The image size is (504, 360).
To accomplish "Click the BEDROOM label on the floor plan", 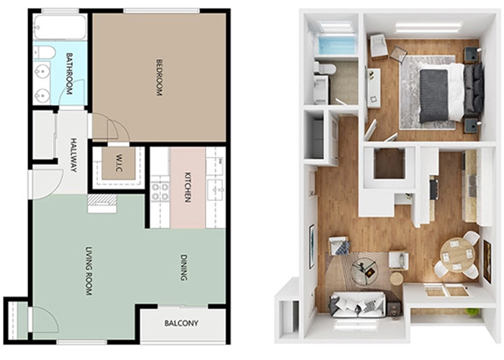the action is [x=159, y=77].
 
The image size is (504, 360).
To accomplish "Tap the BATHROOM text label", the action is [x=69, y=73].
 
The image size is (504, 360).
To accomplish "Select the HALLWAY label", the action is [x=73, y=155].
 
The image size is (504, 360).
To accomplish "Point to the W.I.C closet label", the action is [x=119, y=163].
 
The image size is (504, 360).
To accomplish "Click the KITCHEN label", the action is [x=188, y=187].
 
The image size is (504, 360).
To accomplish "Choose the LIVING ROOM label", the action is [x=89, y=271].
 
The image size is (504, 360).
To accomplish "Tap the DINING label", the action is [x=184, y=267].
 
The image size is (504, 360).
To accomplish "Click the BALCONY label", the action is [x=181, y=323].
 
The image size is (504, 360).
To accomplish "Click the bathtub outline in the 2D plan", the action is [x=60, y=27].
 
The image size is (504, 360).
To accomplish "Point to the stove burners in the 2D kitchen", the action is [x=160, y=192].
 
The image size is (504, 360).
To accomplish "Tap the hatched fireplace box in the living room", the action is [x=102, y=201].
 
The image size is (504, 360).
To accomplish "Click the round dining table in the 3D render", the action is [x=457, y=255].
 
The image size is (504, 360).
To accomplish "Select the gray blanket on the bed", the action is [x=434, y=96].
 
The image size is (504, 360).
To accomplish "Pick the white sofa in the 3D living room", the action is [x=357, y=305].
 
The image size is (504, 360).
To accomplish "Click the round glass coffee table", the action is [x=365, y=271].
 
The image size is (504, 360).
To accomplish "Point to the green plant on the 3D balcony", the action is [x=472, y=312].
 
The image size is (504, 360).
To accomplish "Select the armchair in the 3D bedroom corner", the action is [x=379, y=47].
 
